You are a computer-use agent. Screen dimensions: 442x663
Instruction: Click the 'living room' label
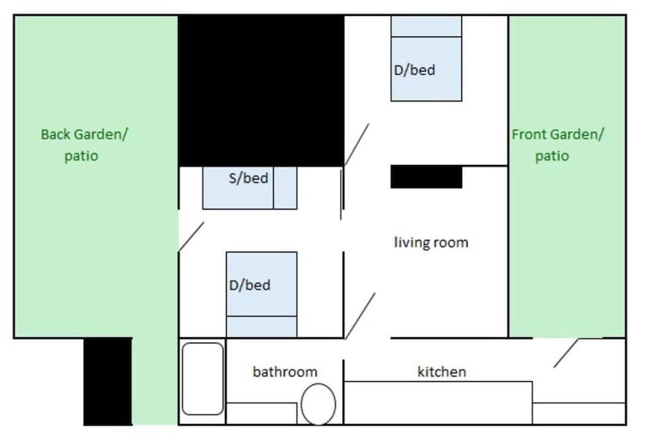431,243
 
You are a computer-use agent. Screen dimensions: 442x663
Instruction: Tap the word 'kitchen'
442,372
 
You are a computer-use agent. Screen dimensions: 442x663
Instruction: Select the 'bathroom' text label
285,372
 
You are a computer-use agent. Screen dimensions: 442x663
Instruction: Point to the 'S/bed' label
248,178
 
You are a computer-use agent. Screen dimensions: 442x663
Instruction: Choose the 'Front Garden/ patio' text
557,145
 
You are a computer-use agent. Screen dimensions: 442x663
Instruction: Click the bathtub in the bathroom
203,379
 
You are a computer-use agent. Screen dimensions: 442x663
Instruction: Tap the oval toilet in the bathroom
318,404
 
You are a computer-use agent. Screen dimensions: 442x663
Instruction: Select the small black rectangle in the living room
426,178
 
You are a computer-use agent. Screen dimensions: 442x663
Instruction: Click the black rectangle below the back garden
107,381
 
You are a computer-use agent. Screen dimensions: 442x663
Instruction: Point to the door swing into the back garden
192,237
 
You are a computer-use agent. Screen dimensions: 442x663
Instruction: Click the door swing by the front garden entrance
566,353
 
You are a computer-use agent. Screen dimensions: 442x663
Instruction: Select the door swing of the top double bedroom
357,144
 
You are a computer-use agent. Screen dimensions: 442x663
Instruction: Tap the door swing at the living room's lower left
361,315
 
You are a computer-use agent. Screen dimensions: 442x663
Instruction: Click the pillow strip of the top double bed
426,27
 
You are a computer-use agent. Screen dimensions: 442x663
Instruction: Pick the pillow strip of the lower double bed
261,327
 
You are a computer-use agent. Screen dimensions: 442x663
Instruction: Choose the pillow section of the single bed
285,188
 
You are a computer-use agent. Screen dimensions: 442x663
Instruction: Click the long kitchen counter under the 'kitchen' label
438,402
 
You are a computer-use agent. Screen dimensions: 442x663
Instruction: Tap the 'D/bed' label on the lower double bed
249,286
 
